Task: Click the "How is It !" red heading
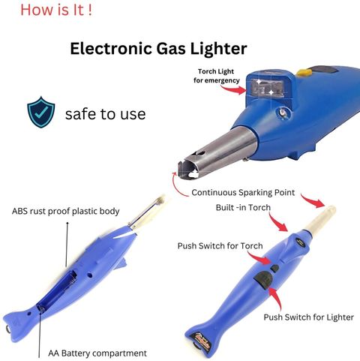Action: click(56, 11)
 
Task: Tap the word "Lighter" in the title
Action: click(219, 49)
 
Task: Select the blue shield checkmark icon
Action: click(41, 112)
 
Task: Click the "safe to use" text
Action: click(105, 114)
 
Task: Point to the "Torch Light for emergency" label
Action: click(217, 76)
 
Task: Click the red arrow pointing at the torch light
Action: click(233, 89)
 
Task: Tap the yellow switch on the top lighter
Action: click(304, 73)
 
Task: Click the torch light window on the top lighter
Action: click(268, 88)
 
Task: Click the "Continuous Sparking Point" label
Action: click(243, 192)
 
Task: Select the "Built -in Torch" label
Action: click(243, 207)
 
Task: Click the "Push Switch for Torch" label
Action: click(220, 245)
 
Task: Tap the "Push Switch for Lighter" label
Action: click(309, 317)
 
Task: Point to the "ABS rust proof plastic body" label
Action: click(65, 212)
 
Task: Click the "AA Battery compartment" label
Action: click(97, 353)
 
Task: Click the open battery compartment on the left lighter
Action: click(57, 291)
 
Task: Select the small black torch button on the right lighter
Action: click(274, 269)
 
